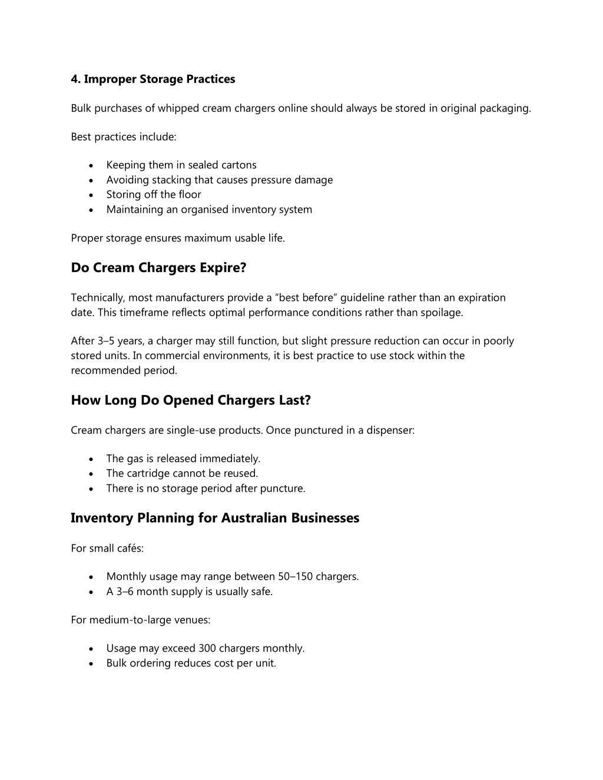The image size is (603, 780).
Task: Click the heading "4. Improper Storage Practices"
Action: pyautogui.click(x=153, y=79)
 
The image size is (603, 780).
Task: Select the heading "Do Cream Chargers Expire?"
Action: pyautogui.click(x=158, y=268)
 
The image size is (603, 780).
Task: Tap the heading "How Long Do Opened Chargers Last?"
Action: pyautogui.click(x=191, y=400)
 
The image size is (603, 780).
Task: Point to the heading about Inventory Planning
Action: pyautogui.click(x=215, y=518)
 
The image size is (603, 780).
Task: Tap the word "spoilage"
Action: pyautogui.click(x=441, y=313)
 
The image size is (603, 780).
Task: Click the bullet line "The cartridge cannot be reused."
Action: pyautogui.click(x=182, y=473)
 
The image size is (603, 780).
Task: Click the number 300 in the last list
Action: pyautogui.click(x=207, y=648)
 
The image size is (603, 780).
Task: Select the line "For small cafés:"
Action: pyautogui.click(x=107, y=548)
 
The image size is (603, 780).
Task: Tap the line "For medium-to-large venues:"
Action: pyautogui.click(x=141, y=620)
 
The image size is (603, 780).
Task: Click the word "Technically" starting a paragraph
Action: pyautogui.click(x=97, y=298)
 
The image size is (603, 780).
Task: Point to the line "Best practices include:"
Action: pyautogui.click(x=124, y=137)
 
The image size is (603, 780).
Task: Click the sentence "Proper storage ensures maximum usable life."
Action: pyautogui.click(x=178, y=238)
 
